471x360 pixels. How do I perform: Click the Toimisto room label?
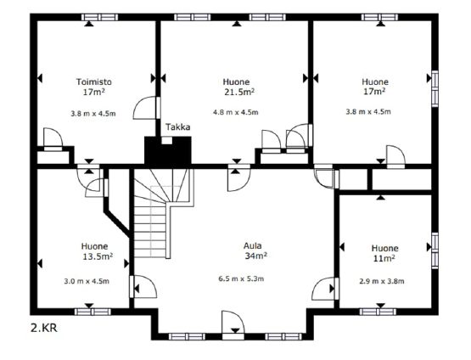tap(93, 82)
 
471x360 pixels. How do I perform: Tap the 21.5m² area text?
tap(239, 92)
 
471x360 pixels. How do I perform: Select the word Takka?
tap(178, 127)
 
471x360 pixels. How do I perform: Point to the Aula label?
tap(253, 246)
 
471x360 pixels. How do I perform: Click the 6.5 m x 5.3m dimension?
tap(241, 278)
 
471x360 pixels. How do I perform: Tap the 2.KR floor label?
tap(44, 328)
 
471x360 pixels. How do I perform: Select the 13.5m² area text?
tap(98, 256)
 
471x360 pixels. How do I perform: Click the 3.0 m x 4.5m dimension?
tap(87, 281)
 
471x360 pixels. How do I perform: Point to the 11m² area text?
tap(384, 258)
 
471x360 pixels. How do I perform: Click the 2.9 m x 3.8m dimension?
tap(382, 281)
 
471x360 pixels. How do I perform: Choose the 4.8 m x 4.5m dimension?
tap(236, 112)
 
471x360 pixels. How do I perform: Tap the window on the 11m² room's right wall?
tap(435, 250)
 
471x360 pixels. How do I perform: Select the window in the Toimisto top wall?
tap(100, 17)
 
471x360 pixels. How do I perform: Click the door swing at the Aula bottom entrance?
tap(233, 322)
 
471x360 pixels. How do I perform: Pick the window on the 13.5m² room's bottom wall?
tap(93, 312)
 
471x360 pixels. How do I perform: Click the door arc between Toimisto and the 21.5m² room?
tap(144, 108)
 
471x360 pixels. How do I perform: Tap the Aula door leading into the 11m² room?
tap(323, 289)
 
